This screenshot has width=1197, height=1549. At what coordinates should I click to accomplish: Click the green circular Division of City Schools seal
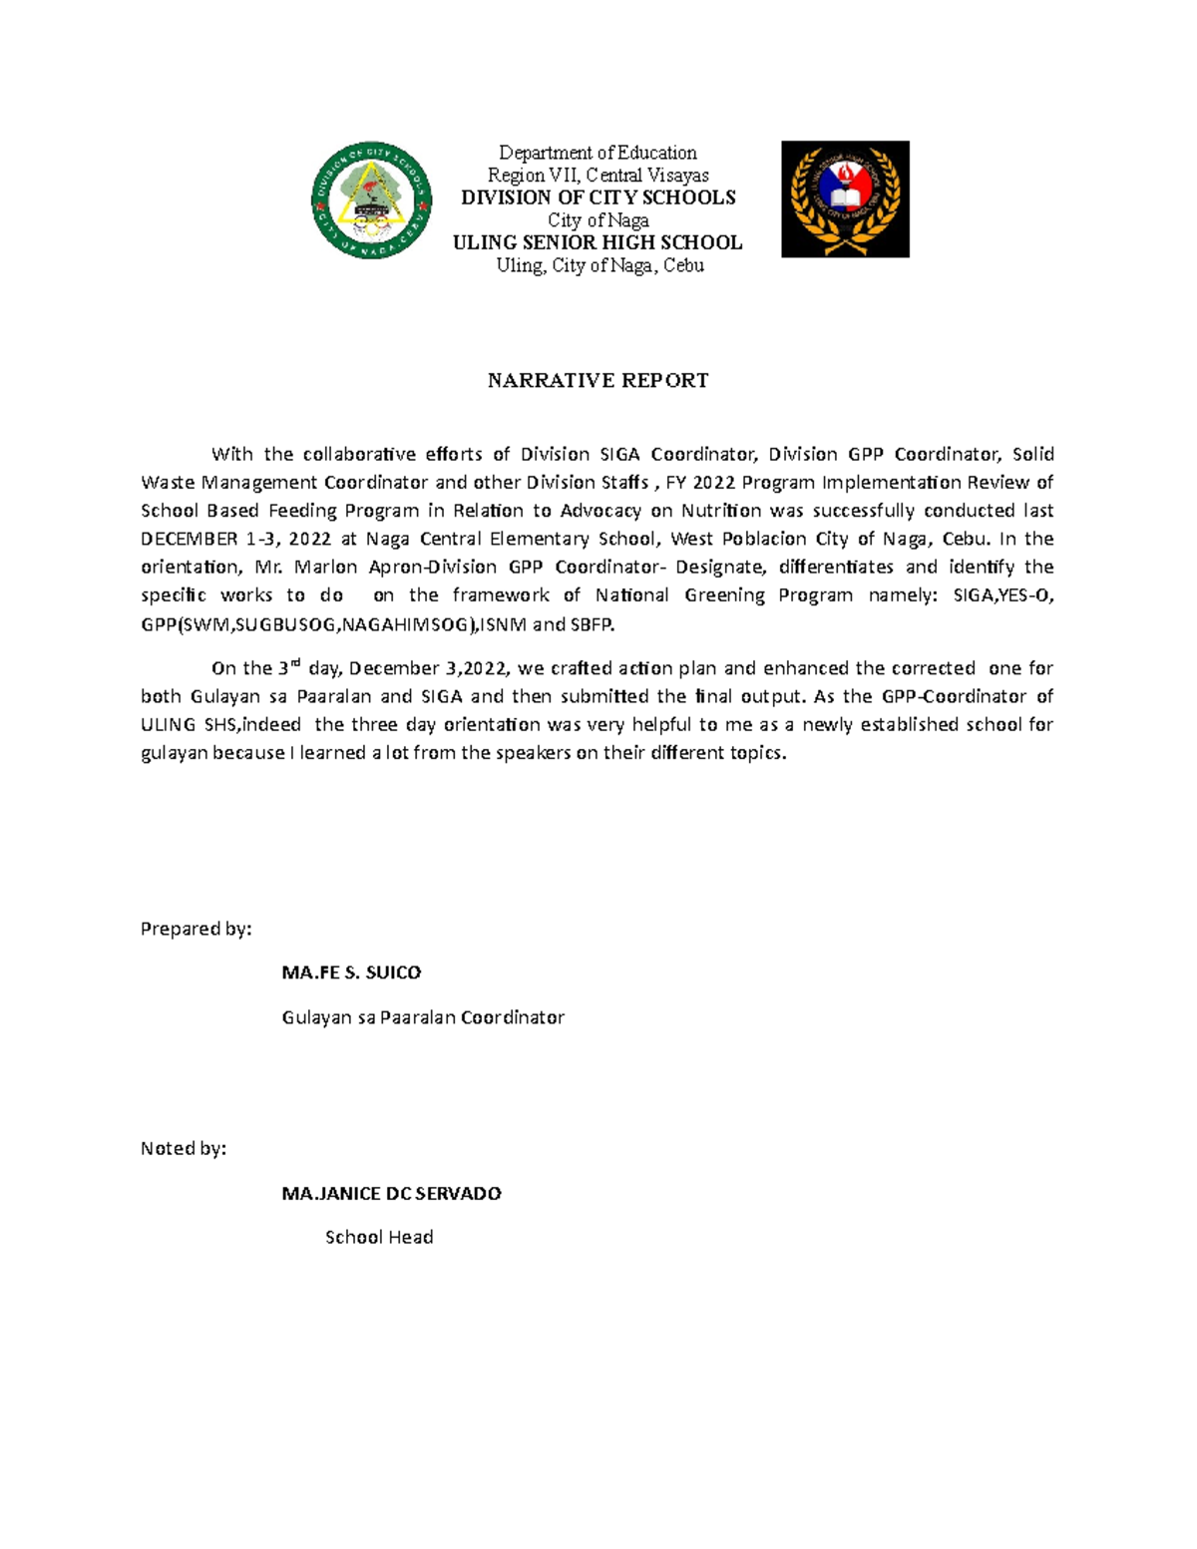click(x=371, y=200)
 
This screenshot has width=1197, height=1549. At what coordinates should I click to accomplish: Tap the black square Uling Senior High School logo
click(x=845, y=199)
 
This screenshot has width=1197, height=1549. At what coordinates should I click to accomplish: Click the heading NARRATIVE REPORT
click(x=598, y=380)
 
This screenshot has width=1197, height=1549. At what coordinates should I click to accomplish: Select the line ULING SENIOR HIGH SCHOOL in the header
click(x=598, y=242)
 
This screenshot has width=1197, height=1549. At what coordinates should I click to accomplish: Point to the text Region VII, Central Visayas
click(x=598, y=175)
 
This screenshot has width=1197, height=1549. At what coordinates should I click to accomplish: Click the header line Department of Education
click(x=598, y=153)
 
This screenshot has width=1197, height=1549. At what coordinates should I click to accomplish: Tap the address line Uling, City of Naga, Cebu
click(x=600, y=265)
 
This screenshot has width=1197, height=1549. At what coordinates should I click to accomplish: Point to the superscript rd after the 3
click(x=295, y=662)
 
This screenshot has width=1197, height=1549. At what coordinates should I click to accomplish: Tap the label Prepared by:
click(x=196, y=930)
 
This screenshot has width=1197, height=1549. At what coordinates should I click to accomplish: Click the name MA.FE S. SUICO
click(x=351, y=972)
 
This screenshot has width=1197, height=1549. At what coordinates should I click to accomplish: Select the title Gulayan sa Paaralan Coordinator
click(x=423, y=1018)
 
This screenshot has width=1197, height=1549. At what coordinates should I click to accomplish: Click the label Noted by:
click(x=184, y=1149)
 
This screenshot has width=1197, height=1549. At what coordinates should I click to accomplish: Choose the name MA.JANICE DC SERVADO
click(x=391, y=1194)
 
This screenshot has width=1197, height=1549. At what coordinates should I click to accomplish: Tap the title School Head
click(x=379, y=1238)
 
